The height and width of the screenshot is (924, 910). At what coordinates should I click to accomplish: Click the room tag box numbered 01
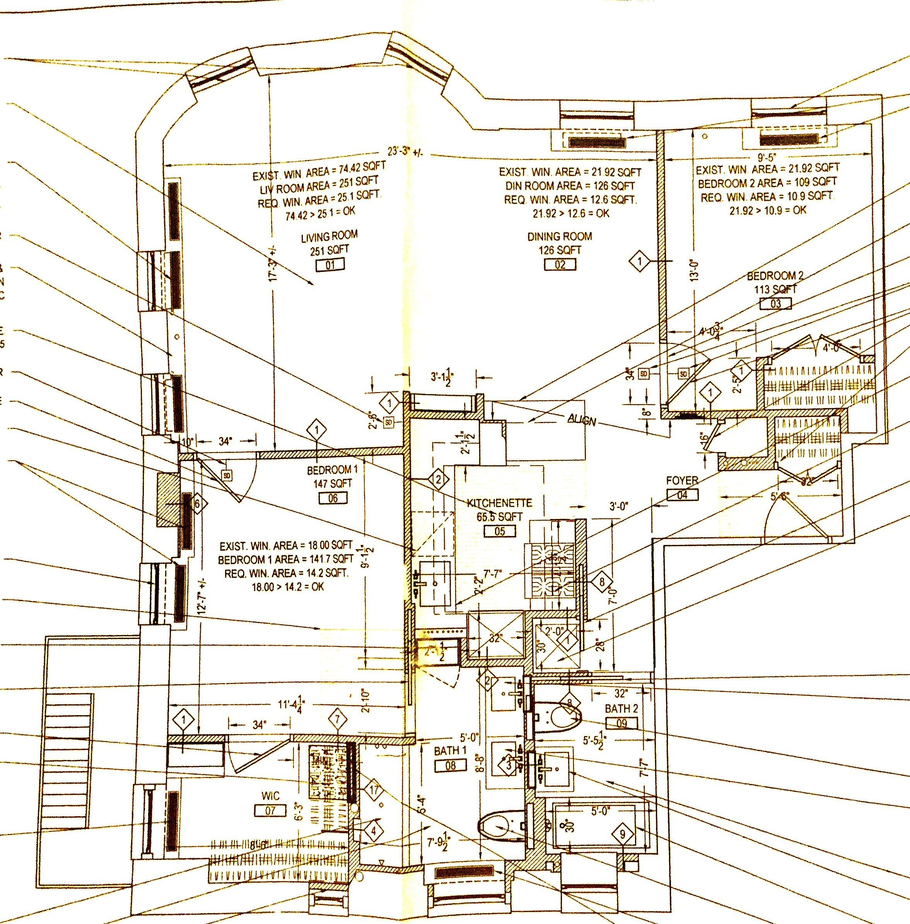coord(330,264)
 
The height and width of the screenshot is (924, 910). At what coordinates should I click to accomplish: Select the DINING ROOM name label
coord(559,236)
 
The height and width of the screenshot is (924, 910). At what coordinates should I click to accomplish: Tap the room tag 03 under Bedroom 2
coord(775,304)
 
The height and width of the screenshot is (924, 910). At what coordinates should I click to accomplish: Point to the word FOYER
coord(682,480)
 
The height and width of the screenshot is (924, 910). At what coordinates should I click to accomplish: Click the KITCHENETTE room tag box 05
coord(499,531)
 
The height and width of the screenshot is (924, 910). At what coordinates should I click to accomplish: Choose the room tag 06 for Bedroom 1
coord(333,498)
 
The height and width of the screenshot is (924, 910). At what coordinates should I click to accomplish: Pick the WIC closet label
coord(270,796)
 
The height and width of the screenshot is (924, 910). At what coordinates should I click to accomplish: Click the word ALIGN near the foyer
coord(582,420)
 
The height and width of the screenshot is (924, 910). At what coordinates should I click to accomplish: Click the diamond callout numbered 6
coord(197,503)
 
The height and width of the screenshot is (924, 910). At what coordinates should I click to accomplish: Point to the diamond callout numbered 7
coord(337,719)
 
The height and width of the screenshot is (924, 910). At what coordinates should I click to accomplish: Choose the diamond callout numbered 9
coord(622,835)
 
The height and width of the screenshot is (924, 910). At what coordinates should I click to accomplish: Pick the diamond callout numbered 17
coord(374,790)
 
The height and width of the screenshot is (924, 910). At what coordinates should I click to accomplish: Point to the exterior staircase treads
coord(67,760)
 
